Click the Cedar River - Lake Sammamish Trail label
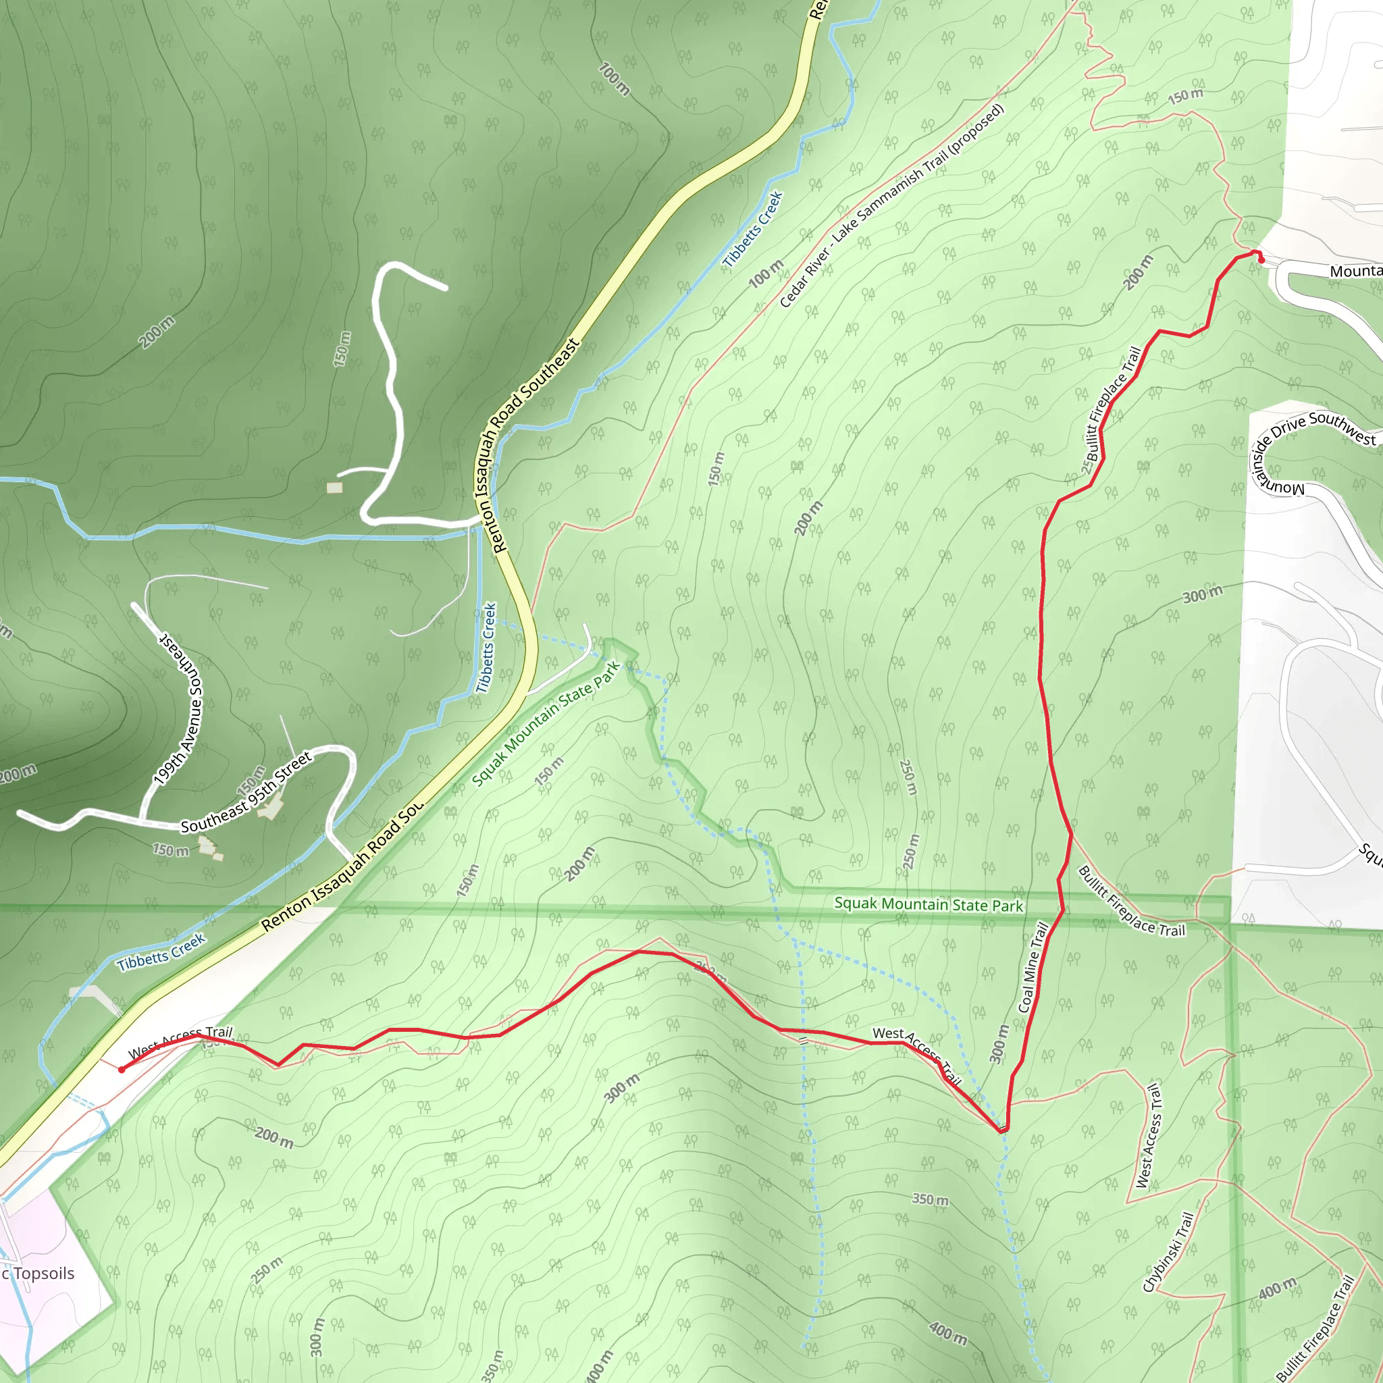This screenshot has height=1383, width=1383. [x=891, y=206]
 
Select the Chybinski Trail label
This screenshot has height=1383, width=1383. [x=1168, y=1252]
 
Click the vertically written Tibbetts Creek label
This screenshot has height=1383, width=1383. [x=487, y=647]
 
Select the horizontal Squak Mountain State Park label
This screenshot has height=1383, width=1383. [x=929, y=905]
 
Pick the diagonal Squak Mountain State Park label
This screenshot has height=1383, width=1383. [x=546, y=724]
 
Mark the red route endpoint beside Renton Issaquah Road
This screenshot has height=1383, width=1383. [x=122, y=1070]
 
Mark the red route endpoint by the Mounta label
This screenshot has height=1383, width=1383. [x=1261, y=260]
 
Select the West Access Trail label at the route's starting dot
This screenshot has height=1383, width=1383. [x=180, y=1041]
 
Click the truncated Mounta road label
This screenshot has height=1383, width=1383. [x=1356, y=271]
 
